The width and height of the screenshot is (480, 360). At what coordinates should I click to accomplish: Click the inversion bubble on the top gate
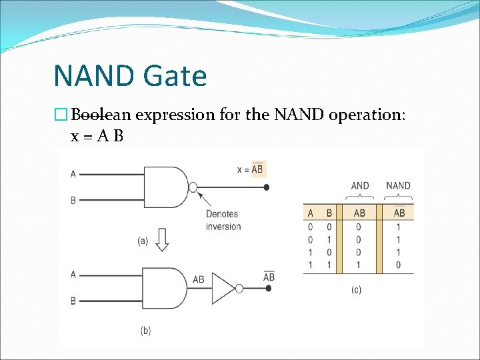193,187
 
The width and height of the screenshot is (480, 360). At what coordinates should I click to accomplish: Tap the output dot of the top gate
267,187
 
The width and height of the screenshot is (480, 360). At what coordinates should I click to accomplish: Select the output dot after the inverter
269,289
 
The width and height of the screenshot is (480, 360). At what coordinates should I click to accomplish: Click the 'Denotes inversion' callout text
223,220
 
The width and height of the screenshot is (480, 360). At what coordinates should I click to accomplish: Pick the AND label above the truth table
359,185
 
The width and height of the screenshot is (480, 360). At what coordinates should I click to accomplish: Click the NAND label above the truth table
398,185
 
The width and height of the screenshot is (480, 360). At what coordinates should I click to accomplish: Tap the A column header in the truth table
310,213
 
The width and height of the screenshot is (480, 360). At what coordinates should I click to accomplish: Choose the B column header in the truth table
329,213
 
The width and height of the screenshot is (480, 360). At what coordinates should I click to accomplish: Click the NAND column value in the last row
399,265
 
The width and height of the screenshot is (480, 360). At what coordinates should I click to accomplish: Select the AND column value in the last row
359,265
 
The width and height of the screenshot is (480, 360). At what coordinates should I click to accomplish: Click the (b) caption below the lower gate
146,330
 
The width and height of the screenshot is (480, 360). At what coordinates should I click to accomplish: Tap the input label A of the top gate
73,175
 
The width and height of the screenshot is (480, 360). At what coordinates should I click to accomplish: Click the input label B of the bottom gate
73,301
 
